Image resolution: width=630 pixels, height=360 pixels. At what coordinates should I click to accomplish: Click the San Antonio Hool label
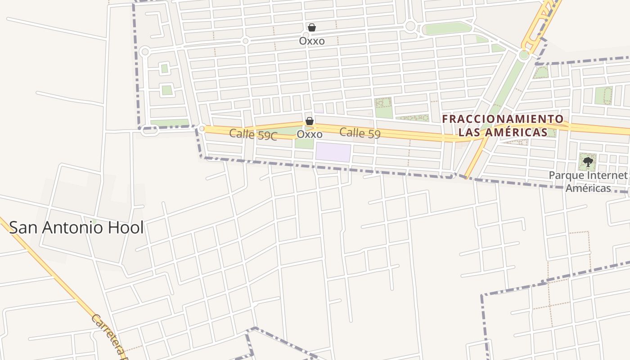point(76,228)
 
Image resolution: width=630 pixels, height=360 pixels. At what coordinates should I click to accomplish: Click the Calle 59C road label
point(253,134)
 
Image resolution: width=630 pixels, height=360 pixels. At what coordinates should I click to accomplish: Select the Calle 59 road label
point(360,133)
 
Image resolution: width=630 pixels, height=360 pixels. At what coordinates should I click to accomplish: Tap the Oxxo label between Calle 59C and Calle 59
point(310,135)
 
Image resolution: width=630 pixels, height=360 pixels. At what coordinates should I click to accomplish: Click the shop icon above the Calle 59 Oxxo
point(310,121)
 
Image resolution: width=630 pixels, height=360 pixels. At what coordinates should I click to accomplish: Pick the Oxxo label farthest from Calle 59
point(312,41)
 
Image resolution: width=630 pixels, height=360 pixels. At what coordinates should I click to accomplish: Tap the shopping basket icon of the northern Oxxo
point(312,27)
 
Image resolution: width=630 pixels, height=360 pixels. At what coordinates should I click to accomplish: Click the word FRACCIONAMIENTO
point(503,119)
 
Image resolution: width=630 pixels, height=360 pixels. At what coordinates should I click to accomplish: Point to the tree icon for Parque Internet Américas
point(587,162)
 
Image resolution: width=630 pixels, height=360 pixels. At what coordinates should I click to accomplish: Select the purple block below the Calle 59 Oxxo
point(333,153)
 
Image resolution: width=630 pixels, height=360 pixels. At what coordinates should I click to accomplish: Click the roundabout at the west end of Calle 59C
point(202,129)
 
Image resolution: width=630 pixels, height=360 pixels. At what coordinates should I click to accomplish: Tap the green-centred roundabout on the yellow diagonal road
point(524,55)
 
